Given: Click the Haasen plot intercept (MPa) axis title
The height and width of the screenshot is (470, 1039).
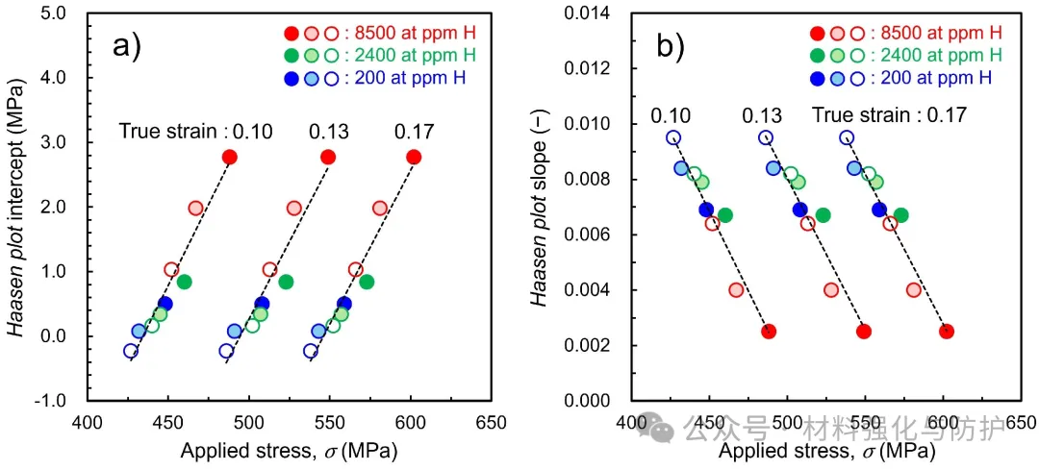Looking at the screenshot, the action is pyautogui.click(x=21, y=208).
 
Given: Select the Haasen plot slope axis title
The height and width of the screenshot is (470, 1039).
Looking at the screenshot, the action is pyautogui.click(x=545, y=208).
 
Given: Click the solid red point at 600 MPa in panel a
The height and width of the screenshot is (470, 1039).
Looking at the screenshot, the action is pyautogui.click(x=414, y=157).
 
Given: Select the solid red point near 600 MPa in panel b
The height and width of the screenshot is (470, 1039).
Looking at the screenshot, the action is pyautogui.click(x=947, y=331).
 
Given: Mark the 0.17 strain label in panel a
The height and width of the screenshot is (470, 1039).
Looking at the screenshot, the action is pyautogui.click(x=414, y=132).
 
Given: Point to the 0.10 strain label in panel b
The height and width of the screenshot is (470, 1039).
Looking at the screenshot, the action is pyautogui.click(x=671, y=116).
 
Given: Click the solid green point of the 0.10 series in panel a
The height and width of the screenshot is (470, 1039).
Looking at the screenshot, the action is pyautogui.click(x=184, y=282).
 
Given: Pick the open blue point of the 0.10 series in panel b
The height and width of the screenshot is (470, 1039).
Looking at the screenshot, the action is pyautogui.click(x=673, y=137).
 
